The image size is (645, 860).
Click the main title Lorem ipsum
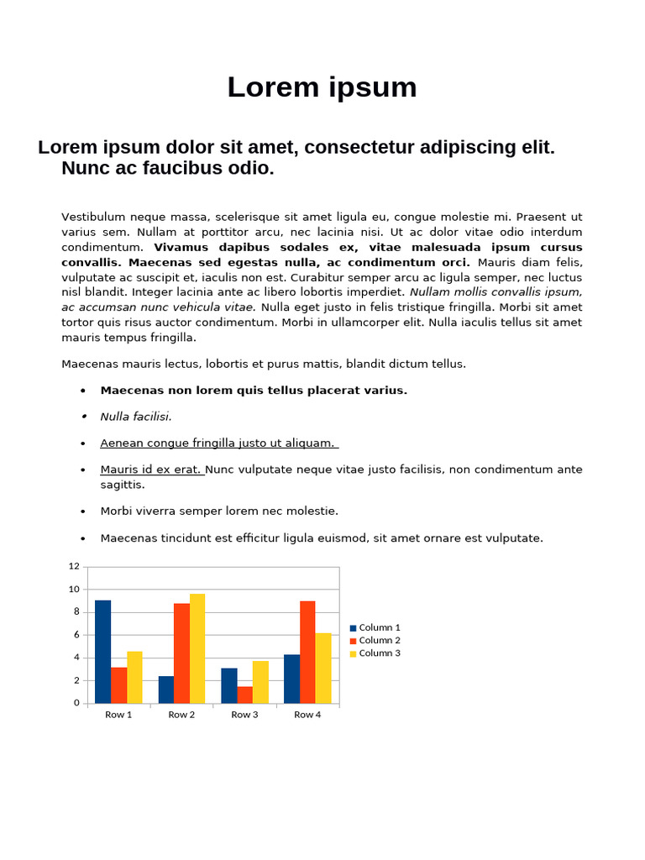(322, 87)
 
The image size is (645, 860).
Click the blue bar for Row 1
(102, 652)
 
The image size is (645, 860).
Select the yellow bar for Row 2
(197, 648)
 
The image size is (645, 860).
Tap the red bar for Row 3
(244, 695)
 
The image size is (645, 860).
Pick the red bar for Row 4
(307, 652)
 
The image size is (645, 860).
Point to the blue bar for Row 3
(228, 685)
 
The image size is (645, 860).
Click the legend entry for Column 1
(375, 627)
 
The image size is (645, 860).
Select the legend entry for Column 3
(375, 653)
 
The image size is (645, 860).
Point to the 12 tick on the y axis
(74, 567)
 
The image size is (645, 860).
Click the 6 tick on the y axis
(76, 635)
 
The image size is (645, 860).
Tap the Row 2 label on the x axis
(181, 715)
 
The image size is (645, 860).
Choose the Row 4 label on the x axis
(307, 715)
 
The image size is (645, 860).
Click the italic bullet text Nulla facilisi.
(135, 417)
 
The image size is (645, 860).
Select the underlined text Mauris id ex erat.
(152, 469)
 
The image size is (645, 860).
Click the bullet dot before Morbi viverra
(83, 511)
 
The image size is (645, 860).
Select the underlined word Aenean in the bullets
(121, 443)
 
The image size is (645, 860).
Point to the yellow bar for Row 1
(134, 677)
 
